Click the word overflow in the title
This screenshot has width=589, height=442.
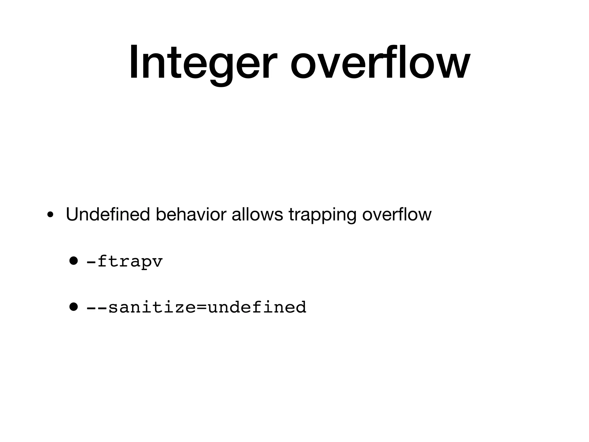(380, 62)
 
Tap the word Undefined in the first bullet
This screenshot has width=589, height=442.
(108, 214)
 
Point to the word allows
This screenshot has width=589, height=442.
(257, 214)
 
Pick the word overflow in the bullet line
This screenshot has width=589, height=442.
(397, 214)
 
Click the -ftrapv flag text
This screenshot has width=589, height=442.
(125, 262)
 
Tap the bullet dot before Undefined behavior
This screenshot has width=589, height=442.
(50, 215)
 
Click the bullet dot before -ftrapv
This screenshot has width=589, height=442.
(74, 261)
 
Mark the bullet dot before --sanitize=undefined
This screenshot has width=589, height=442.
(74, 307)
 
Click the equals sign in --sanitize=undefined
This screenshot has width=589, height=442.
(202, 307)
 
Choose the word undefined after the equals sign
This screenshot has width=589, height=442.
(257, 307)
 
